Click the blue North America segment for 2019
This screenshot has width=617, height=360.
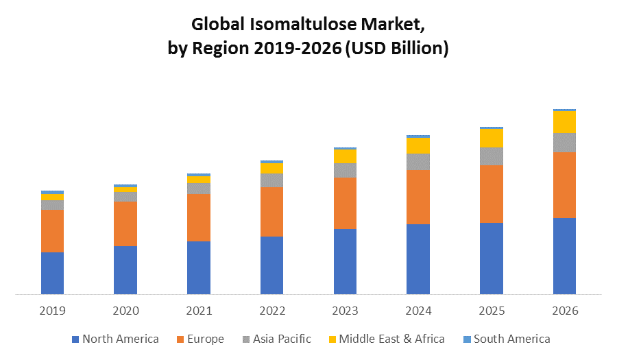(x=52, y=273)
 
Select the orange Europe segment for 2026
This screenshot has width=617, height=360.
(x=564, y=184)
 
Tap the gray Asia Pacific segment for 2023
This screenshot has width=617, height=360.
(x=345, y=170)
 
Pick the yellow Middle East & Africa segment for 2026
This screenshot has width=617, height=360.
(x=564, y=121)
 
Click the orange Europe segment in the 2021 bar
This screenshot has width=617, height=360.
(x=199, y=217)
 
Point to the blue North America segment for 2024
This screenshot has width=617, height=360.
(x=418, y=259)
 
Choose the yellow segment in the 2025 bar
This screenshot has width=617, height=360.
(x=491, y=138)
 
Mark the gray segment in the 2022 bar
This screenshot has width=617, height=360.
(x=271, y=180)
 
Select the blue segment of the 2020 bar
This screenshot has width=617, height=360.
(x=125, y=270)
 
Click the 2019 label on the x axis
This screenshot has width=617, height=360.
(x=52, y=311)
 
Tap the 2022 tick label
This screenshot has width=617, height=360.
(x=271, y=311)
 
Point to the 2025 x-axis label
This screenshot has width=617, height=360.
(x=491, y=311)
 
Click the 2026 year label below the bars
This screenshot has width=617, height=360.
(x=564, y=311)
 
